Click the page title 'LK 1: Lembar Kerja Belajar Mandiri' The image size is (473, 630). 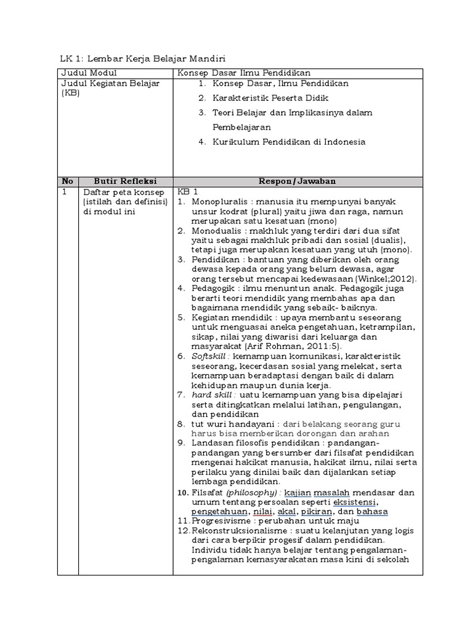(x=142, y=59)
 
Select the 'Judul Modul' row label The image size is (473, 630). (x=86, y=73)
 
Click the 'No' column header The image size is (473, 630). (x=67, y=181)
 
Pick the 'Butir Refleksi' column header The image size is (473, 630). (x=125, y=181)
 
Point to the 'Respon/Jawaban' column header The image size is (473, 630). (x=298, y=181)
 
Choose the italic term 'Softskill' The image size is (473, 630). (x=210, y=356)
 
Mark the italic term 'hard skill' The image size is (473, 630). (x=211, y=394)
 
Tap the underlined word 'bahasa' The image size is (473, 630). (x=372, y=511)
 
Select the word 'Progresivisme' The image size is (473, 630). (x=221, y=521)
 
